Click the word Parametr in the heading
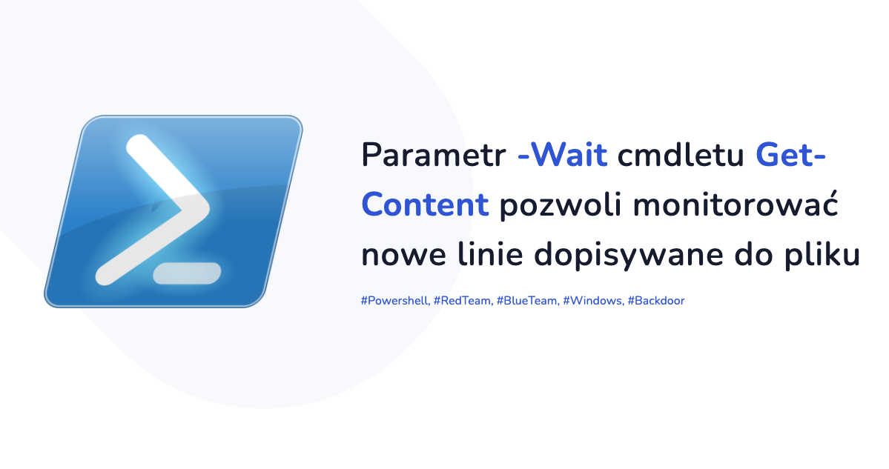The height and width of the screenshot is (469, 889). tap(434, 155)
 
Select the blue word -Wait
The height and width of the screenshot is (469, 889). tap(563, 155)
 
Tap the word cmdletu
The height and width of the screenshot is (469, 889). tap(681, 155)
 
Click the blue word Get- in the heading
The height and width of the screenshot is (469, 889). tap(790, 155)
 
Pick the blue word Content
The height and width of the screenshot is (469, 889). tap(426, 204)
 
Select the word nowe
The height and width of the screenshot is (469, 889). tap(403, 255)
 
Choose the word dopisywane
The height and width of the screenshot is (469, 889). tap(629, 255)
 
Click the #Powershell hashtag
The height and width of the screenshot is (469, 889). tap(395, 301)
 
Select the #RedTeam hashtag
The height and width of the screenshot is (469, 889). tap(463, 301)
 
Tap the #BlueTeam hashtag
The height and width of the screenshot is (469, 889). tap(528, 301)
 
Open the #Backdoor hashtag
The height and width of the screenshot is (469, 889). tap(656, 301)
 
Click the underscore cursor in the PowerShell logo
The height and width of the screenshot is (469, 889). tap(187, 273)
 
